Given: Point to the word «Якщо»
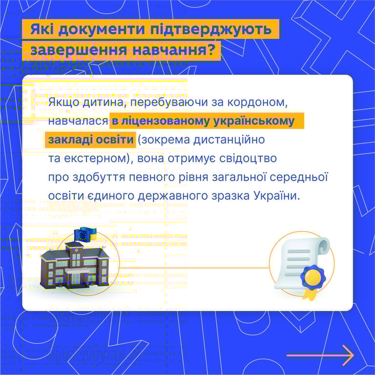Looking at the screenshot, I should coord(62,103).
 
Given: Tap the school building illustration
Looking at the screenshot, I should coord(73,266).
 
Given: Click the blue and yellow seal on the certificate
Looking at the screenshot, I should coord(311,277).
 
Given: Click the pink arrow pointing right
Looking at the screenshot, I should coord(320,354).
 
